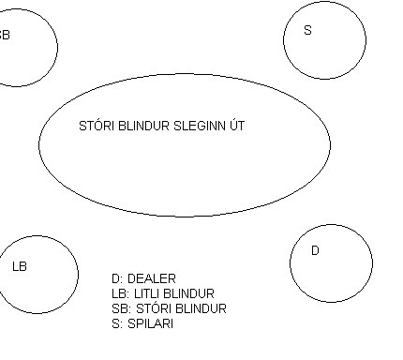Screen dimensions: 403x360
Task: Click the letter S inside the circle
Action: tap(307, 30)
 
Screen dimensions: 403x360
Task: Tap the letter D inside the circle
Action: tap(315, 250)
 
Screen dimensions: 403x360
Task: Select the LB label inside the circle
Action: tap(20, 266)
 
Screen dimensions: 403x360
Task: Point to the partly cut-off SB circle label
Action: tap(5, 35)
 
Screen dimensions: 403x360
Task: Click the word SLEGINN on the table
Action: tap(200, 126)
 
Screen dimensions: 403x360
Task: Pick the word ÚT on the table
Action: tap(237, 125)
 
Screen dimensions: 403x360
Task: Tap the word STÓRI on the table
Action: tap(97, 126)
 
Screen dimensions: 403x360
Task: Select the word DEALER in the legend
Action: tap(152, 278)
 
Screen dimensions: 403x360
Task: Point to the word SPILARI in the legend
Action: tap(150, 323)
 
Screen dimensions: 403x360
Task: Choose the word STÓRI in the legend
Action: tap(154, 307)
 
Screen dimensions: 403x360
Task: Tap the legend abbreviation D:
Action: tap(117, 278)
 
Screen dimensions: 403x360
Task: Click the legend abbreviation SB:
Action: tap(121, 308)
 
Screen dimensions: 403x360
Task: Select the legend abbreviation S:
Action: tap(117, 323)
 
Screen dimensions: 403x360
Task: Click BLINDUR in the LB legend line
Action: tap(188, 293)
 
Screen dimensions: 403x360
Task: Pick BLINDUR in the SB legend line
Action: tap(201, 308)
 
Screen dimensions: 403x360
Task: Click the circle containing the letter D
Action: tap(291, 263)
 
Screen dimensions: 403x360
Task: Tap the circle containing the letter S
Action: tap(284, 40)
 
